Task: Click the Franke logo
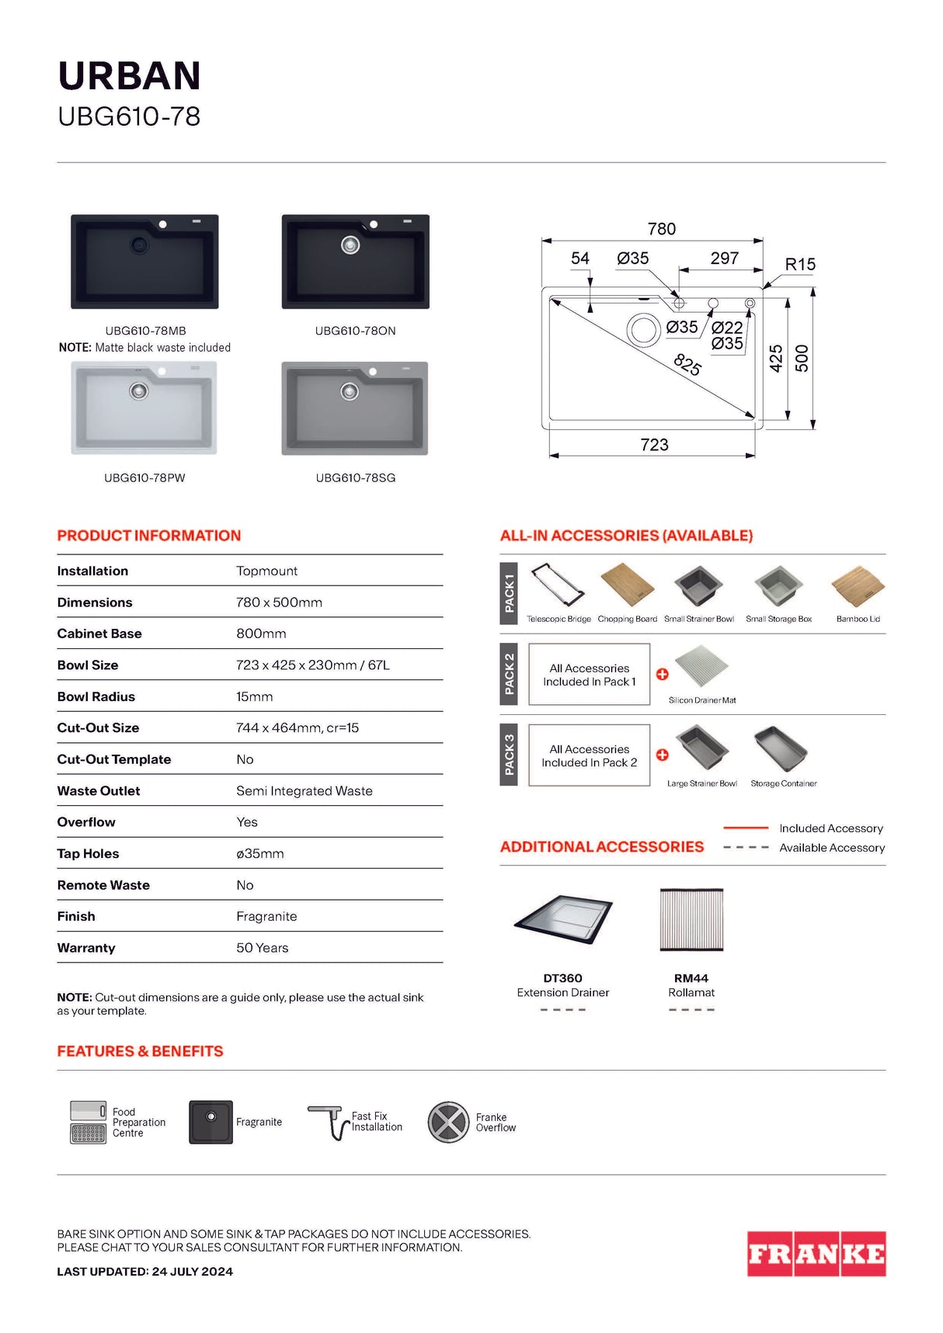coord(816,1253)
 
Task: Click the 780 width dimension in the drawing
coord(661,229)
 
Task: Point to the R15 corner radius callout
coord(799,264)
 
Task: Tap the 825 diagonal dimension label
coord(687,363)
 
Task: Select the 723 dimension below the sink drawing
coord(654,445)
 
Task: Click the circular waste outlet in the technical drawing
coord(643,329)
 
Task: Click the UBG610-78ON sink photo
coord(355,262)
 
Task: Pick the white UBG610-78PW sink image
coord(144,408)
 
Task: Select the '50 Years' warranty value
coord(262,948)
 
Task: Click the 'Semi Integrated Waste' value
coord(304,791)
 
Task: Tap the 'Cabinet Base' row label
coord(99,634)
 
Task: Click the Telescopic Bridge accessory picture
coord(557,585)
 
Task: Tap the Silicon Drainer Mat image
coord(701,665)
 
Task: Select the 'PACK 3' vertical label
coord(509,754)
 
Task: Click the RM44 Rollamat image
coord(691,920)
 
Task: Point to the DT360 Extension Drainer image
coord(563,919)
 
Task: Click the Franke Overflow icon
coord(448,1123)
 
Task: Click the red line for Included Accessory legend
coord(745,828)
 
